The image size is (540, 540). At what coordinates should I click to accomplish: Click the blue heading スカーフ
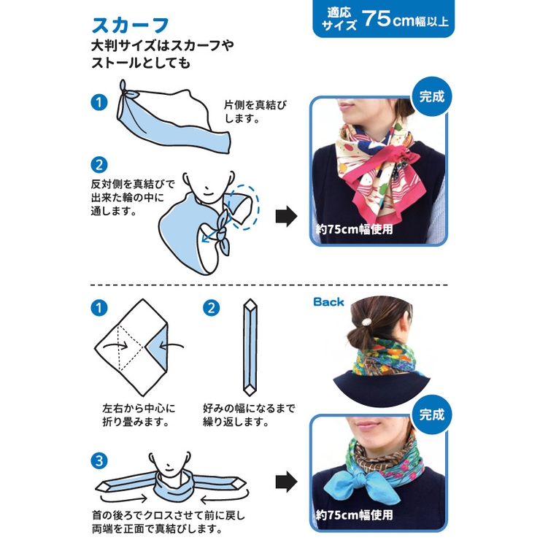click(131, 25)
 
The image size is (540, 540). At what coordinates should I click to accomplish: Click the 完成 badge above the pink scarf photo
click(432, 96)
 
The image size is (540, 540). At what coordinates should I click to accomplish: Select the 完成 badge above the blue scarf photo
click(432, 414)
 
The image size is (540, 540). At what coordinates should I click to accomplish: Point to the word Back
click(328, 302)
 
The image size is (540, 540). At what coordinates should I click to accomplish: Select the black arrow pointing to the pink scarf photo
click(286, 217)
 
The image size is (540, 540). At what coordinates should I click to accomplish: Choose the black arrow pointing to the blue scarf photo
click(286, 482)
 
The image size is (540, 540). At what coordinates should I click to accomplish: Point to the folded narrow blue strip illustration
click(250, 347)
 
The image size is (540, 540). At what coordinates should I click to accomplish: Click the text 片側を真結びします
click(255, 112)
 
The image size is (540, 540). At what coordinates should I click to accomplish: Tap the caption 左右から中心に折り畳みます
click(139, 415)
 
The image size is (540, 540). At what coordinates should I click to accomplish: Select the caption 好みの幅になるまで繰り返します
click(249, 415)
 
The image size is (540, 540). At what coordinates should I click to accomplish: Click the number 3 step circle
click(99, 461)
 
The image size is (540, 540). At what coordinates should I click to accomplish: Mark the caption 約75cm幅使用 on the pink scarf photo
click(355, 229)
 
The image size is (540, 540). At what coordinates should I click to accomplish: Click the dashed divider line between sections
click(269, 285)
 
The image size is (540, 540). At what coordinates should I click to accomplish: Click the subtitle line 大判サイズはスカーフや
click(163, 45)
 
